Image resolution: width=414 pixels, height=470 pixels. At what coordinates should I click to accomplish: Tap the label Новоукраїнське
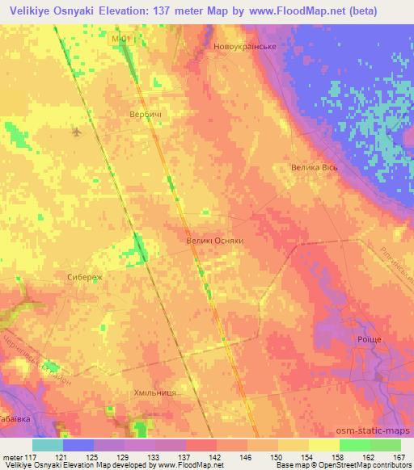tap(245, 47)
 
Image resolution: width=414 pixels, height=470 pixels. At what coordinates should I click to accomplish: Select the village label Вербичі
tap(146, 115)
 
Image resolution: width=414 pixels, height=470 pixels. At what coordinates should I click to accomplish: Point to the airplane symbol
tap(77, 131)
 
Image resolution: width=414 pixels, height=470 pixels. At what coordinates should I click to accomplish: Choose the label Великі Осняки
tap(214, 241)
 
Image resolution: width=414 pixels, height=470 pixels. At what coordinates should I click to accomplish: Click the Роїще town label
tap(363, 342)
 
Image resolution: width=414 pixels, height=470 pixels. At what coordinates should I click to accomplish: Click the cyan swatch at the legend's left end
tap(47, 445)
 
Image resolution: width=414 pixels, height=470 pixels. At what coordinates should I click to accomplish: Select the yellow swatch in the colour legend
tap(323, 445)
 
